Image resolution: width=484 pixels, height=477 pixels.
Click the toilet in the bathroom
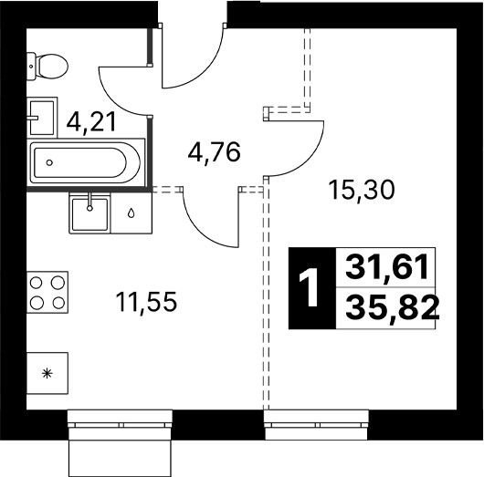pos(47,67)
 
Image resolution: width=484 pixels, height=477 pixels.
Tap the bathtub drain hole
pos(49,162)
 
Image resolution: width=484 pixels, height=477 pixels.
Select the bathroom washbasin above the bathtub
pos(42,118)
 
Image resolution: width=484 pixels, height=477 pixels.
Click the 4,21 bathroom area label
pos(91,122)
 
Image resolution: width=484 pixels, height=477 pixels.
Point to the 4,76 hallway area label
pos(214,152)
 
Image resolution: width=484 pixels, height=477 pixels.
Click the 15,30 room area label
pos(362,190)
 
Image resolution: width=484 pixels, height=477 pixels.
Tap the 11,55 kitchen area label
pos(146,302)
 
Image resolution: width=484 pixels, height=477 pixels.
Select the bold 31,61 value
pos(387,266)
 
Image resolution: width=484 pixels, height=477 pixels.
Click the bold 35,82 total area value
pos(393,307)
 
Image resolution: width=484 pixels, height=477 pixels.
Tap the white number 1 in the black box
pos(309,287)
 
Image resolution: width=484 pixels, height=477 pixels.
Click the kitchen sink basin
pos(89,214)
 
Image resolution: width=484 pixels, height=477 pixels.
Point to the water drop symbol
pos(132,213)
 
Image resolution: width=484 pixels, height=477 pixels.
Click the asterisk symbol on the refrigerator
pos(47,374)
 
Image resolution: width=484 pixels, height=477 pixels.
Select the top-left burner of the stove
pos(37,283)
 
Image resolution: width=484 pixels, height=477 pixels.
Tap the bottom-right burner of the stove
pos(58,303)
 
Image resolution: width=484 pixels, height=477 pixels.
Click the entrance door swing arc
pos(206,71)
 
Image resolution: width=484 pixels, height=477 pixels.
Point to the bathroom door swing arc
pos(112,99)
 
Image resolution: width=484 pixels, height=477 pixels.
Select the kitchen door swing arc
pos(200,230)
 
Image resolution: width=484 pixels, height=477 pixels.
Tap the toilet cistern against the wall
pos(31,67)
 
